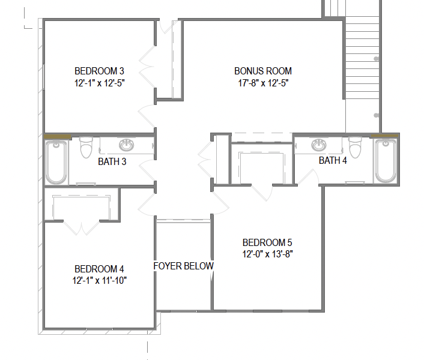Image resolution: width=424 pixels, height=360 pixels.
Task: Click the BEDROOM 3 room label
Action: click(x=99, y=71)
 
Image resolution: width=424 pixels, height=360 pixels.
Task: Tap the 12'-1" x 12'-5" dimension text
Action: click(x=100, y=83)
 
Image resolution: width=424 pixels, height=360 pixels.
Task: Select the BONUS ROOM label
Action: click(x=263, y=71)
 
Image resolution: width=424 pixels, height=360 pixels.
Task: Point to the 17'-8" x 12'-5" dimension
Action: click(x=263, y=83)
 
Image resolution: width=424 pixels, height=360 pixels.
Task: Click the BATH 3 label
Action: click(x=112, y=161)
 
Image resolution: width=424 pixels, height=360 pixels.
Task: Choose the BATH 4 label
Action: click(x=333, y=160)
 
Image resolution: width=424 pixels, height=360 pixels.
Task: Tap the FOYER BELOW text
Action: click(x=184, y=266)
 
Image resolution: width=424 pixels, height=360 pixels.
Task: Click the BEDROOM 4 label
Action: click(x=99, y=269)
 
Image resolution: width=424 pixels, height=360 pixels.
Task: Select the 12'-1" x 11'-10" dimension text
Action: click(x=100, y=280)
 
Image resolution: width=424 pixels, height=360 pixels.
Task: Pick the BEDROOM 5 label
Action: click(x=267, y=242)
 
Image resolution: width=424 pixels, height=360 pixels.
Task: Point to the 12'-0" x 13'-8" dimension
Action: click(x=268, y=254)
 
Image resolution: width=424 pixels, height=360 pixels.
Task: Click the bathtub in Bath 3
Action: click(x=56, y=162)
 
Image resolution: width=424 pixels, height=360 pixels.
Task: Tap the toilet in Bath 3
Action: click(x=86, y=148)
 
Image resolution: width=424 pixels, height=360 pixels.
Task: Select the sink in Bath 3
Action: click(x=126, y=145)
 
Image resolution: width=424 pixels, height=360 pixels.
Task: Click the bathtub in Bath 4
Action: click(x=386, y=161)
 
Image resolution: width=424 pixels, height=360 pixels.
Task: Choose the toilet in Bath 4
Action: click(x=355, y=148)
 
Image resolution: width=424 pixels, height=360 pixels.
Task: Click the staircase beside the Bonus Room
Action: click(x=362, y=58)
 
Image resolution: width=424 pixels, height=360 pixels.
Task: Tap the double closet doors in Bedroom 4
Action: click(x=82, y=227)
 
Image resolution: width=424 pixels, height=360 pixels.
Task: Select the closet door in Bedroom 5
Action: click(x=261, y=193)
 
